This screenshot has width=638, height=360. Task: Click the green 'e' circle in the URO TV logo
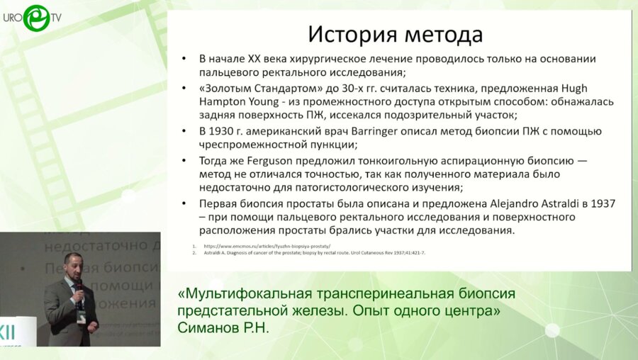point(35,18)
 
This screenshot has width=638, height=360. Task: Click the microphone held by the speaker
point(79,285)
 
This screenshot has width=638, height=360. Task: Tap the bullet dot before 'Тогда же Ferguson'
point(184,160)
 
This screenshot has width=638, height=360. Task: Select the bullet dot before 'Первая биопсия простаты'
point(184,203)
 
